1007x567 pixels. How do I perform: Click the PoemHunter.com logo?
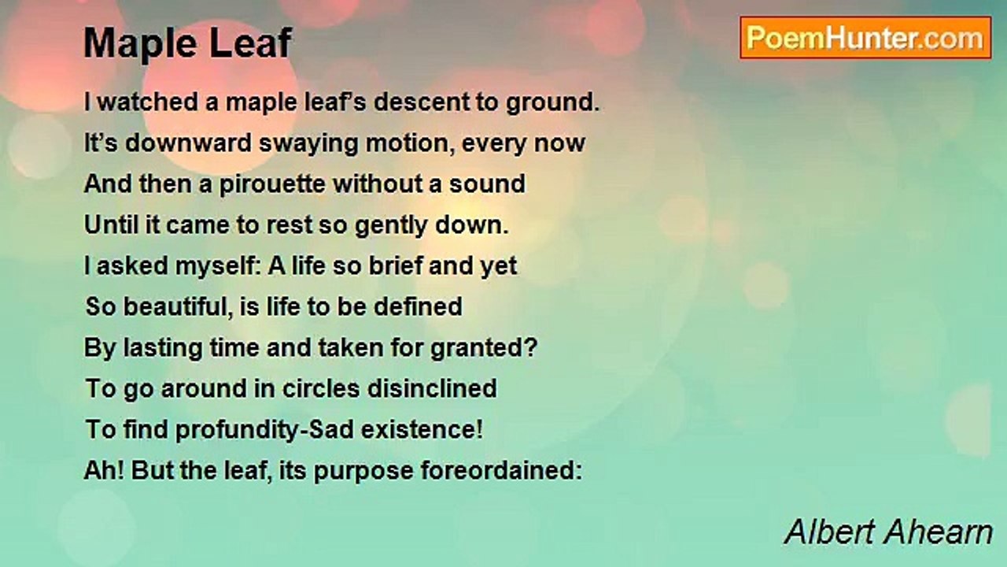pos(865,38)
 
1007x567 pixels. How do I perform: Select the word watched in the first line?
pos(147,102)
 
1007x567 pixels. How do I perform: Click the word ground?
pos(552,103)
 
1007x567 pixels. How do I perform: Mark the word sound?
pos(487,184)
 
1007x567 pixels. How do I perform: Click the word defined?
pos(418,306)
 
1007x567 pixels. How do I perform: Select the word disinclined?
pos(432,388)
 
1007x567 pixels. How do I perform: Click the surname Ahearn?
pos(939,532)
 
